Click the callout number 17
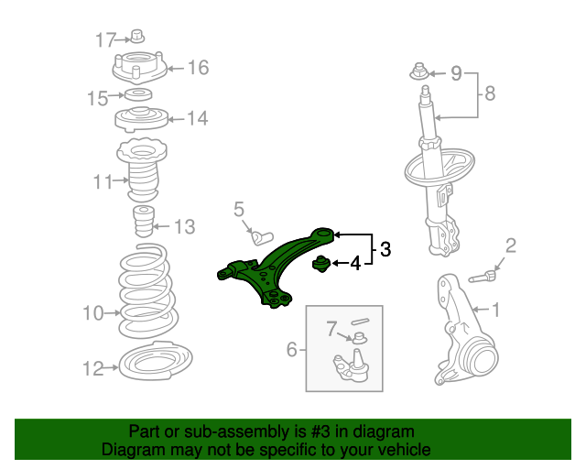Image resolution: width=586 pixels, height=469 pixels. (106, 39)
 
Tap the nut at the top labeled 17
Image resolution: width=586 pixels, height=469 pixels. (137, 36)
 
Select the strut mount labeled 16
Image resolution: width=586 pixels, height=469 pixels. (139, 69)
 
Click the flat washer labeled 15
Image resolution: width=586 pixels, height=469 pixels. (138, 94)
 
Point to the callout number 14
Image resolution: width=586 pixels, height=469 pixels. (197, 118)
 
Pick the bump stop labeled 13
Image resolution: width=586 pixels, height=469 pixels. (144, 221)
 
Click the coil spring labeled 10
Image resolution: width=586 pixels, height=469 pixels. (147, 291)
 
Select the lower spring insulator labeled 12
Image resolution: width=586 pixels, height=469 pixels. (156, 361)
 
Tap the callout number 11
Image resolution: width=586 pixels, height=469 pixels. (103, 182)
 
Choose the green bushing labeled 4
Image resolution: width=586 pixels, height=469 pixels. (320, 264)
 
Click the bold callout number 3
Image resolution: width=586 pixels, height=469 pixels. (385, 249)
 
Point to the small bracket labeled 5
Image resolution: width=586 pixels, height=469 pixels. (261, 238)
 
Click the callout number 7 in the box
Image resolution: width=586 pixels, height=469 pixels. (331, 329)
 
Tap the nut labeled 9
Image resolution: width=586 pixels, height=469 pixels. (419, 71)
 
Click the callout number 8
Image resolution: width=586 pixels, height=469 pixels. (490, 93)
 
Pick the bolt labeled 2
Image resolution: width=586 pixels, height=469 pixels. (483, 277)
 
